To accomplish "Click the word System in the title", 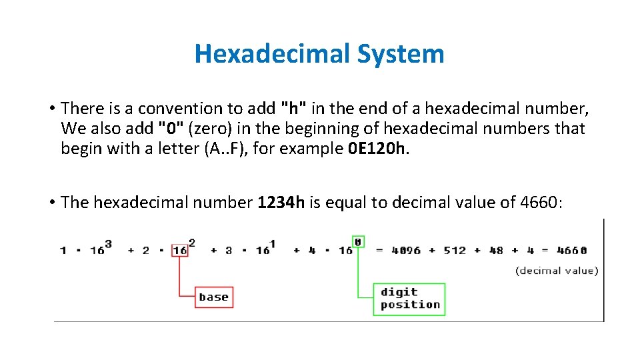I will pyautogui.click(x=400, y=54).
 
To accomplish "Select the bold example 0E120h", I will pyautogui.click(x=377, y=148).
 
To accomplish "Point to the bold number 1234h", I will pyautogui.click(x=281, y=202).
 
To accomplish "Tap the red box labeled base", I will pyautogui.click(x=214, y=297).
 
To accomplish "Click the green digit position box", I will pyautogui.click(x=410, y=299).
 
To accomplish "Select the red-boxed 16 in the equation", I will pyautogui.click(x=179, y=251).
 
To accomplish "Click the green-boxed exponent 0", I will pyautogui.click(x=358, y=241).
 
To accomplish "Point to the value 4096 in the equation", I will pyautogui.click(x=406, y=251).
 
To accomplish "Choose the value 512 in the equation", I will pyautogui.click(x=455, y=251).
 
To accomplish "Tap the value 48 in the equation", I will pyautogui.click(x=496, y=251).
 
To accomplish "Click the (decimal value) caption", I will pyautogui.click(x=557, y=270).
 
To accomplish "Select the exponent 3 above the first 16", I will pyautogui.click(x=108, y=243).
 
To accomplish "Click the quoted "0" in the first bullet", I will pyautogui.click(x=168, y=128).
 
